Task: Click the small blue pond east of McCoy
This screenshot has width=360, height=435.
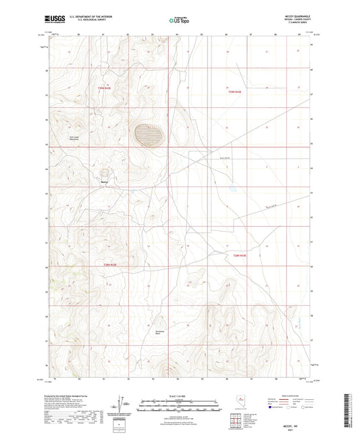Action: tap(232, 188)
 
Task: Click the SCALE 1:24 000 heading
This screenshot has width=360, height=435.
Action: tap(178, 395)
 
